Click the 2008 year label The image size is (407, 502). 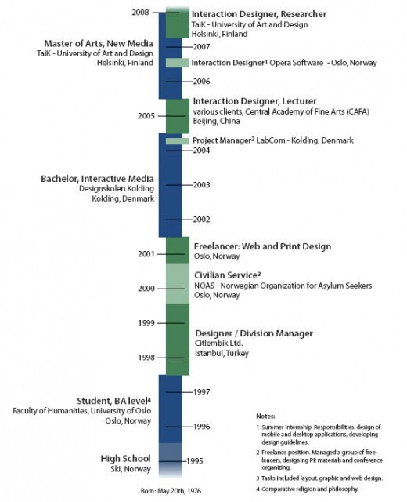[x=141, y=13]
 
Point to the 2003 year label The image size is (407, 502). [x=202, y=185]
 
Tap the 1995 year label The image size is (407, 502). [x=195, y=461]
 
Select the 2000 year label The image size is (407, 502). [x=146, y=289]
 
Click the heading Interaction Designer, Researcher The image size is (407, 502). [x=259, y=14]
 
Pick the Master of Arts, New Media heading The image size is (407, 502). [x=99, y=44]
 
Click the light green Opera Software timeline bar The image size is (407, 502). [x=178, y=63]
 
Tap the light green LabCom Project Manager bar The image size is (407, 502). [x=178, y=141]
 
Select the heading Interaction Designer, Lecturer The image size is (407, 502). [x=254, y=101]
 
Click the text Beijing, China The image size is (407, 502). [x=216, y=121]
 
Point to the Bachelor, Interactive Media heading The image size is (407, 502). [x=97, y=179]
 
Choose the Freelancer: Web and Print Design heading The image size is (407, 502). [x=263, y=246]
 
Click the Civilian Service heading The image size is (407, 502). [x=228, y=275]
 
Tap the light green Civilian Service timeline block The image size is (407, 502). [x=178, y=283]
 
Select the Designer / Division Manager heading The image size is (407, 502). [x=254, y=333]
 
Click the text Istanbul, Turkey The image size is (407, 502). [x=222, y=353]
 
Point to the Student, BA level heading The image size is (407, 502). [x=114, y=401]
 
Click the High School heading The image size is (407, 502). [x=125, y=458]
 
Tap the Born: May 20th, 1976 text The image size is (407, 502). [x=171, y=491]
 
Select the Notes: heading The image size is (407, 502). [x=265, y=417]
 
